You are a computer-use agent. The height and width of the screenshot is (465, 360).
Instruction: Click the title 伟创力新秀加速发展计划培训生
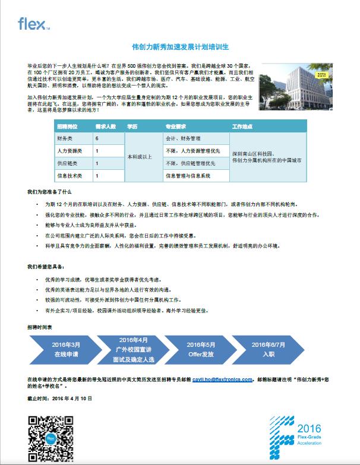point(179,46)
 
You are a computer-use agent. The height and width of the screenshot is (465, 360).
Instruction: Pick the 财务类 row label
point(64,138)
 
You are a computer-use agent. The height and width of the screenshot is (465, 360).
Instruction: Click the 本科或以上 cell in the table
point(140,157)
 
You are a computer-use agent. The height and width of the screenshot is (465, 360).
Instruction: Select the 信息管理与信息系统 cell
point(188,176)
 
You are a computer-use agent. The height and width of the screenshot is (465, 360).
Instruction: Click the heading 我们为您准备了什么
point(49,192)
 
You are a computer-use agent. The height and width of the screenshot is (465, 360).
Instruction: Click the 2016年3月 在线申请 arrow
point(66,349)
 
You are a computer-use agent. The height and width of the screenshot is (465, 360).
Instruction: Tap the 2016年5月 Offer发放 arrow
point(200,349)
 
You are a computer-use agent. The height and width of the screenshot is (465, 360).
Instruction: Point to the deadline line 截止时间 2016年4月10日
point(60,398)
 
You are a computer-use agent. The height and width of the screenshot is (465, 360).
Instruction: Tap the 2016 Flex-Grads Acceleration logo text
point(308,436)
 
